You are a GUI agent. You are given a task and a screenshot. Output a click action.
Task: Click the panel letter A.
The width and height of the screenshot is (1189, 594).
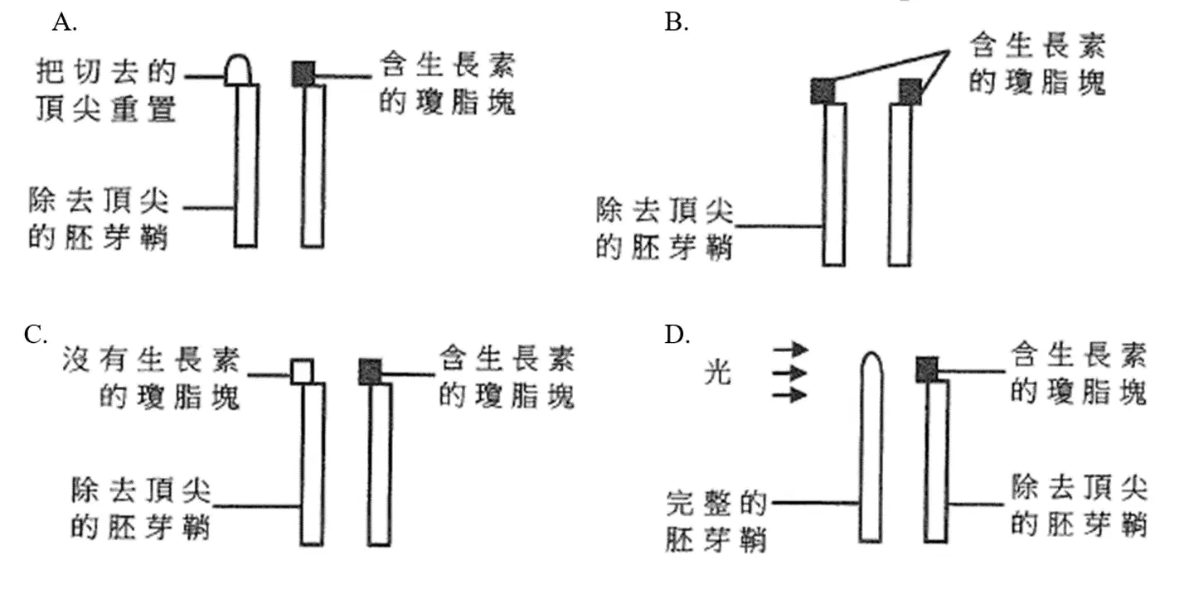pos(64,23)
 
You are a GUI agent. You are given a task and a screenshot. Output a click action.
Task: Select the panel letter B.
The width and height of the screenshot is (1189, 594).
pos(677,23)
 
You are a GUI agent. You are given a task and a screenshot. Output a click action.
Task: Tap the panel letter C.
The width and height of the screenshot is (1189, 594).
pos(36,335)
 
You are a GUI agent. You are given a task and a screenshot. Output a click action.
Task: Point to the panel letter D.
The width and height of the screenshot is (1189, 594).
pos(677,335)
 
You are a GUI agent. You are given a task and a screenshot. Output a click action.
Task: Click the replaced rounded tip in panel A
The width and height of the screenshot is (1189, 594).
pos(238,70)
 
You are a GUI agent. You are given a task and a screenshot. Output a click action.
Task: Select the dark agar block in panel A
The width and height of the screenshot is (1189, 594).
pos(303,74)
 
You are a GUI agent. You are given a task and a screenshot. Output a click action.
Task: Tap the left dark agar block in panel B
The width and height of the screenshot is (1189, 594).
pos(823,91)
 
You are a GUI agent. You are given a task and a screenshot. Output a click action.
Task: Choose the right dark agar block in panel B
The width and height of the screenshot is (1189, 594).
pos(910,91)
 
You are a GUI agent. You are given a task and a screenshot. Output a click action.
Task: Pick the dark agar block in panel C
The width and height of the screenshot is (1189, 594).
pos(370,371)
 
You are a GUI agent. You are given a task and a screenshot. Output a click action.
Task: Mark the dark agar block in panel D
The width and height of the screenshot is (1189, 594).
pos(927,369)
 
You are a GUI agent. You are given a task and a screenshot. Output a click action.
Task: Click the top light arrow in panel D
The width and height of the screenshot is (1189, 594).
pos(790,349)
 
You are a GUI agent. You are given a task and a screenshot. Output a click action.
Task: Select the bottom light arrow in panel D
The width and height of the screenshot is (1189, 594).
pos(790,394)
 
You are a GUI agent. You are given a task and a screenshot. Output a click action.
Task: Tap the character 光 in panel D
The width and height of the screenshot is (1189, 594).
pos(718,372)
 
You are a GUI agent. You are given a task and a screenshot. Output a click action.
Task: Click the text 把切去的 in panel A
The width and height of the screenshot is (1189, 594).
pos(106,72)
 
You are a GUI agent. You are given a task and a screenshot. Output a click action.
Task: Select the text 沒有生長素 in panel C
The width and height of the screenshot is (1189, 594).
pos(152,360)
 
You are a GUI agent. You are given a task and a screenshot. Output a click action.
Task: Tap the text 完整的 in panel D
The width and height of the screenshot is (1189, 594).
pos(716,504)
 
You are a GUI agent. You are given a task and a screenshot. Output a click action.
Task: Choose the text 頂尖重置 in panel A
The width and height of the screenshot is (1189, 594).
pos(106,109)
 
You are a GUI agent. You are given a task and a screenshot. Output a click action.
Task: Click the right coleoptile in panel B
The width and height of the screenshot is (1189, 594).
pos(900,185)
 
